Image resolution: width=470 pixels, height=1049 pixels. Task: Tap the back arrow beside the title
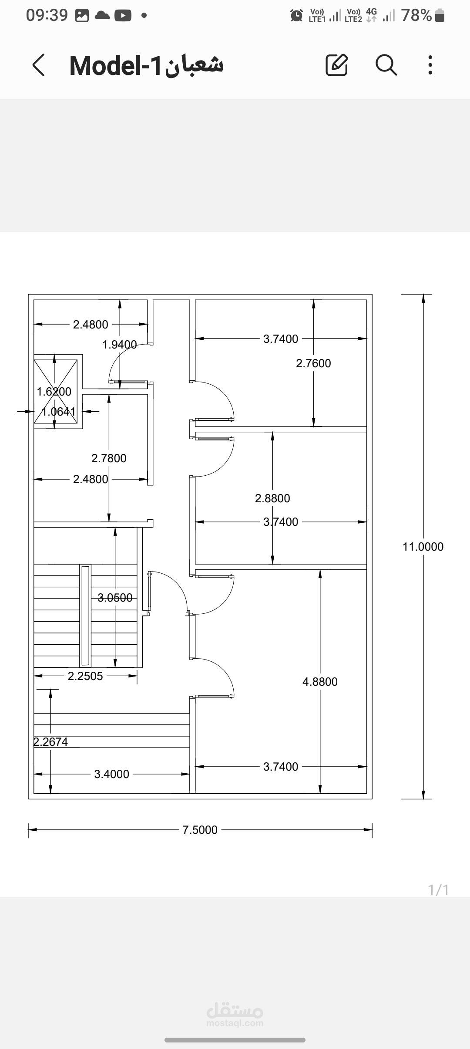[39, 65]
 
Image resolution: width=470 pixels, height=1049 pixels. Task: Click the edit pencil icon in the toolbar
[337, 65]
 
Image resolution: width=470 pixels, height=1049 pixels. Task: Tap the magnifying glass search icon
[386, 65]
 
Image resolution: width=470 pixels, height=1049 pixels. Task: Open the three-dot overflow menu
[430, 65]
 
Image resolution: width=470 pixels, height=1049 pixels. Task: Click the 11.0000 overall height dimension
[423, 547]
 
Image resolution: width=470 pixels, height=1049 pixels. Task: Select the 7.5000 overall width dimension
[200, 830]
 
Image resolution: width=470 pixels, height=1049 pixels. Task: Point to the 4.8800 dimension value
[320, 682]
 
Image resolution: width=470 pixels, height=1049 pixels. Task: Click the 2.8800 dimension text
[272, 498]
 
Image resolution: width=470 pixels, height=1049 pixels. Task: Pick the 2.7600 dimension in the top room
[313, 363]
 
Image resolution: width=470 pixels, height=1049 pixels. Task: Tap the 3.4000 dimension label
[112, 774]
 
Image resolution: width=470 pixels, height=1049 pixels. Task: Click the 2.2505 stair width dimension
[85, 676]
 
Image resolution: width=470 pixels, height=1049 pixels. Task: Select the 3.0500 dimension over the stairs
[115, 598]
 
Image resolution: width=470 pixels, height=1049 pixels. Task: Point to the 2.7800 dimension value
[109, 458]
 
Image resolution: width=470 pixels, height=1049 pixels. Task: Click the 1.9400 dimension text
[120, 345]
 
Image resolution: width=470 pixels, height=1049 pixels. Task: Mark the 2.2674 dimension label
[51, 742]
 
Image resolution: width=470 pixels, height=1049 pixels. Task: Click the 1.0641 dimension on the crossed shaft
[58, 412]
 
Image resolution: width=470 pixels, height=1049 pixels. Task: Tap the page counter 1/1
[439, 890]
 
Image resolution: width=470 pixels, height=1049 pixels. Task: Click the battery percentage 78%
[416, 15]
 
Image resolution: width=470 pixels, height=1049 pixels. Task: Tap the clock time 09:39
[47, 15]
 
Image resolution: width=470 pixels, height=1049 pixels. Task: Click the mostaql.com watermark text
[235, 1023]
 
